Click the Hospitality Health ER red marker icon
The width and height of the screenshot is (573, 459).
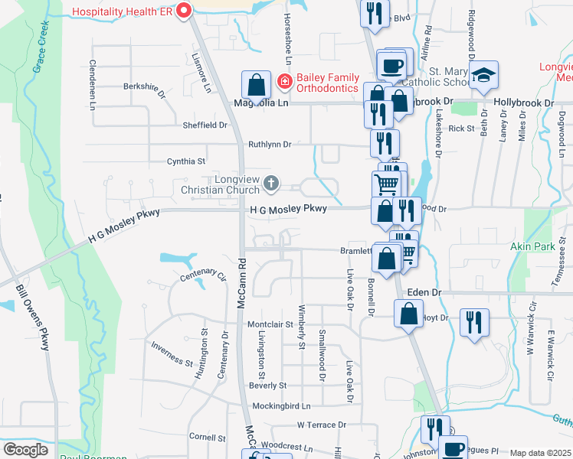coord(183,11)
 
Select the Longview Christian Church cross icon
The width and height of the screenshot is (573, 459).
coord(270,183)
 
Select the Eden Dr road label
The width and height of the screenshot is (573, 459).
coord(425,292)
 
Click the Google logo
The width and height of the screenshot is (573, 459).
coord(25,450)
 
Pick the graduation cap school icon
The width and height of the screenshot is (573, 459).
coord(483,75)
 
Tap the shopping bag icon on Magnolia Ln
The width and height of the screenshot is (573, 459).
coord(256,84)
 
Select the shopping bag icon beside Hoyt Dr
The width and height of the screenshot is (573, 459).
coord(409,313)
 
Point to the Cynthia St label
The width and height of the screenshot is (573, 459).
coord(186,161)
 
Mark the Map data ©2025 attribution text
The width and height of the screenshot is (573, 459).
coord(540,453)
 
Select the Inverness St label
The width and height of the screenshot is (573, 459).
coord(172,354)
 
